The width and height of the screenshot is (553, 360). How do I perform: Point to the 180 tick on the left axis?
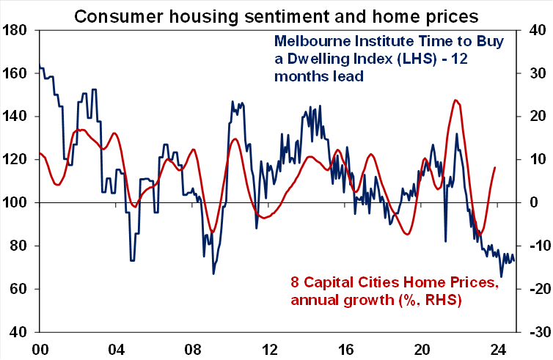15,31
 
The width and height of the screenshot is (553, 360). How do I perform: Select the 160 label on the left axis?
15,74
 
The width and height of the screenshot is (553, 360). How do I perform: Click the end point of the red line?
495,168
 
